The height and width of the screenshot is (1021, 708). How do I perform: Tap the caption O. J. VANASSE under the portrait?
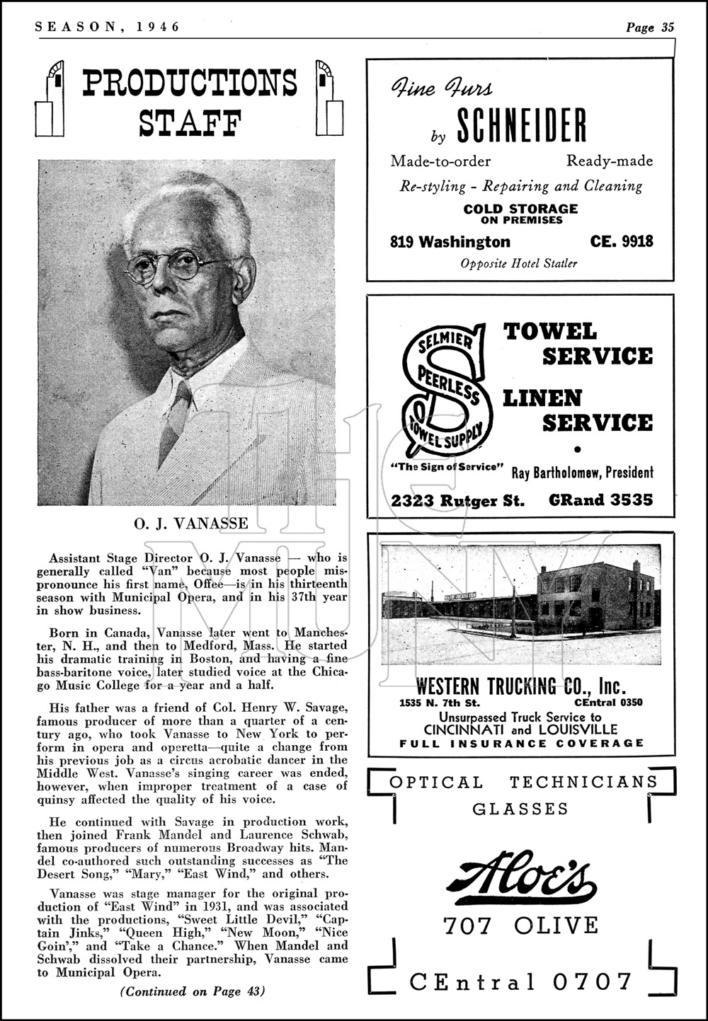pyautogui.click(x=191, y=524)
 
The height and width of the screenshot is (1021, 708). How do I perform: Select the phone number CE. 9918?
pyautogui.click(x=621, y=242)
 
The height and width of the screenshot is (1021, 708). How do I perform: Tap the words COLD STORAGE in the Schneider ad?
pyautogui.click(x=520, y=209)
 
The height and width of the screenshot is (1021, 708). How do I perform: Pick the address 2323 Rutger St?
pyautogui.click(x=457, y=500)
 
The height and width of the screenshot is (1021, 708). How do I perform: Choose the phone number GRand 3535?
pyautogui.click(x=600, y=500)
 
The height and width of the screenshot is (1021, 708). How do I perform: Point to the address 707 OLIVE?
pyautogui.click(x=520, y=925)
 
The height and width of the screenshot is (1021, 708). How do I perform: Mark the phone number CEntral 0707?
pyautogui.click(x=520, y=981)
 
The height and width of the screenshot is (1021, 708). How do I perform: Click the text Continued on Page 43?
pyautogui.click(x=192, y=991)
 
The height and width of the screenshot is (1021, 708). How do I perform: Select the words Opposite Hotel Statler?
pyautogui.click(x=519, y=263)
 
